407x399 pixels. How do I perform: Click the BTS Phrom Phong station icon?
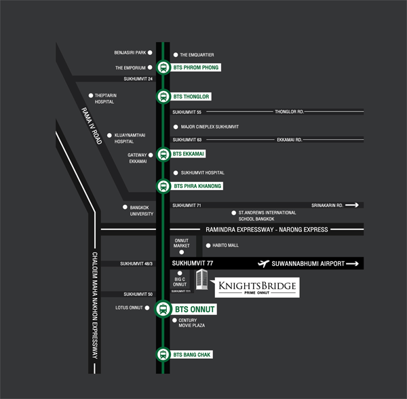[163, 67]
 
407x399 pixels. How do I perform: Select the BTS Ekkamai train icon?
[163, 155]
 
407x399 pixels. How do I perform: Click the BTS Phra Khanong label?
[197, 185]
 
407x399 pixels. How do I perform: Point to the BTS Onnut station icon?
[163, 309]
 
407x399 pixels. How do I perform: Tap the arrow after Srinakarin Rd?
[357, 204]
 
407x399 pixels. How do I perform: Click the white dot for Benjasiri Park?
[150, 52]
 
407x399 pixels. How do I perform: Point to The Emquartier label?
[197, 54]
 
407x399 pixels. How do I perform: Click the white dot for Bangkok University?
[125, 207]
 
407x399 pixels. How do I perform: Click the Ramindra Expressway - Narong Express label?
[267, 229]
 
